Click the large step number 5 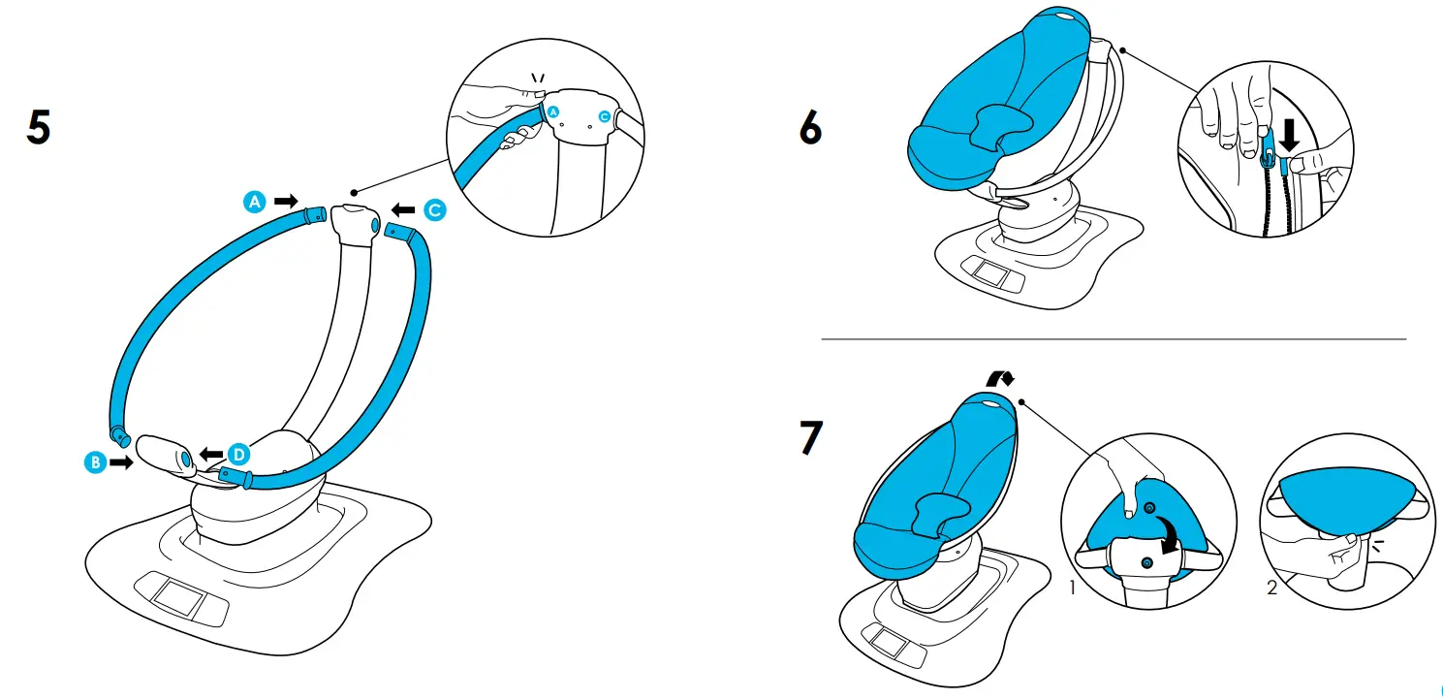(38, 129)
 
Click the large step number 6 (810, 129)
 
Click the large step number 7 (809, 439)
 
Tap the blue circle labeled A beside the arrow (254, 201)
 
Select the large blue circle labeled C (434, 208)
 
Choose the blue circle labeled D (238, 453)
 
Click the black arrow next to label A (286, 201)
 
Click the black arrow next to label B (121, 463)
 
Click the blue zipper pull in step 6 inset (1268, 150)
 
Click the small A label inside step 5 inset (553, 113)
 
